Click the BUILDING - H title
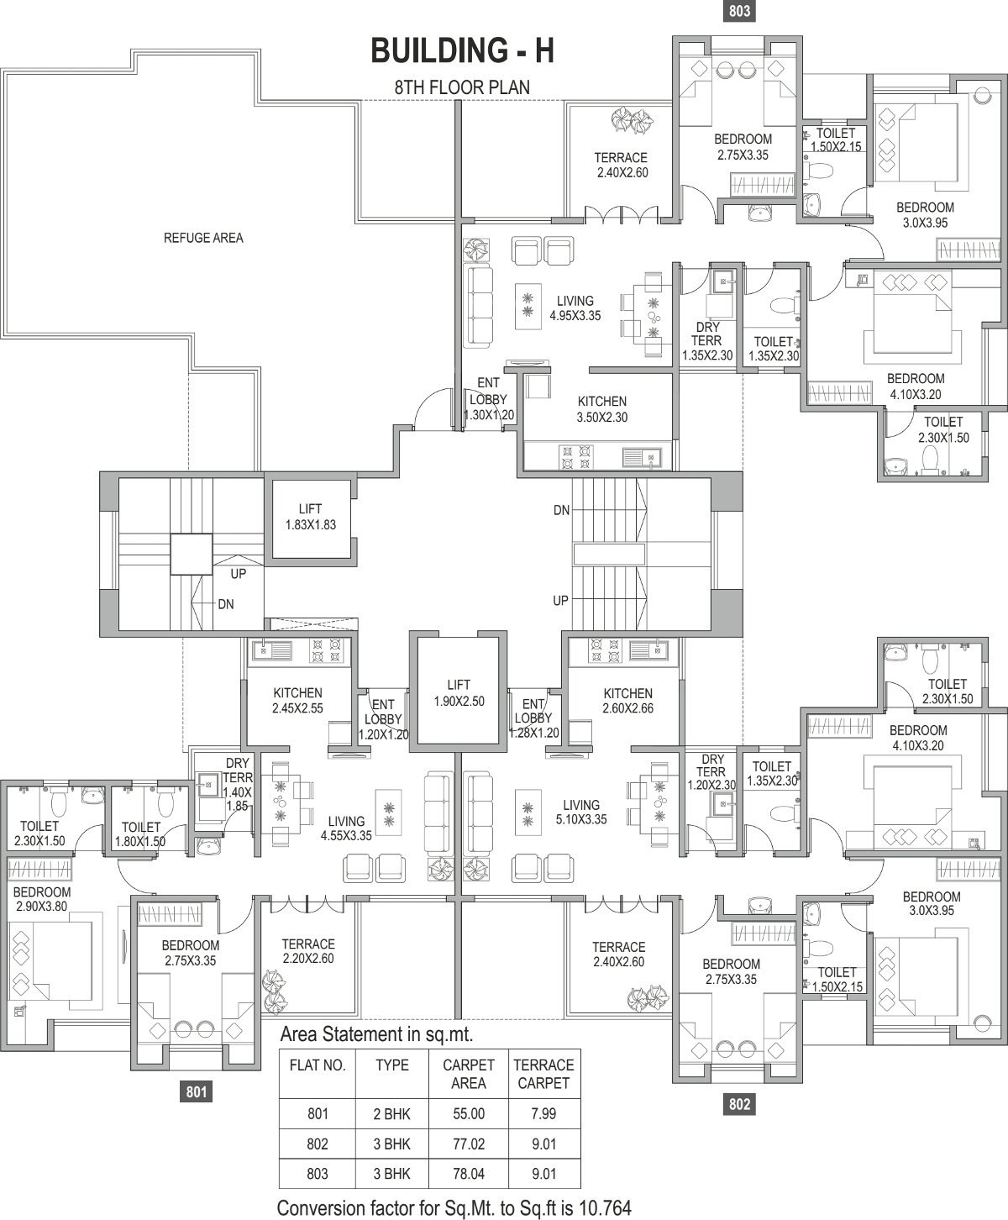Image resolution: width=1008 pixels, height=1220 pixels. [462, 50]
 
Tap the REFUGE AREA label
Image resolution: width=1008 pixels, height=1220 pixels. [203, 238]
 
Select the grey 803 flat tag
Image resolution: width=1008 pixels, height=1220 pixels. [739, 11]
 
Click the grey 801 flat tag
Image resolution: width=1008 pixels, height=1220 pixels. [197, 1091]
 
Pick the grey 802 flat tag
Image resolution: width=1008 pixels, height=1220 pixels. [739, 1104]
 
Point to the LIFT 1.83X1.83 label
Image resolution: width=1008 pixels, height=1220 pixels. [310, 517]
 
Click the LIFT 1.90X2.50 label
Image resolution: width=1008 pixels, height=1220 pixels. [459, 693]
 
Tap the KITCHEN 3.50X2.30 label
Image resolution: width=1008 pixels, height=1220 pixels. [602, 409]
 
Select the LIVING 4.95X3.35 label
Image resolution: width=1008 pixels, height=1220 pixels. [575, 308]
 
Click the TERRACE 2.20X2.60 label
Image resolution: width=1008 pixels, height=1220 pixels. [308, 950]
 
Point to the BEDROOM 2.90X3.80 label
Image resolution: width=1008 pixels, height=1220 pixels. [41, 899]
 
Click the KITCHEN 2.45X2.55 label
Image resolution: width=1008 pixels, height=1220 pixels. [297, 700]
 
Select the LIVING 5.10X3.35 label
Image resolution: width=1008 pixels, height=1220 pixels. [580, 812]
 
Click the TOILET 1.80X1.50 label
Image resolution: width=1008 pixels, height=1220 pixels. [140, 833]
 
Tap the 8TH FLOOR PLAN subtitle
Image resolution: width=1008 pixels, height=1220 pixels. [462, 87]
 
